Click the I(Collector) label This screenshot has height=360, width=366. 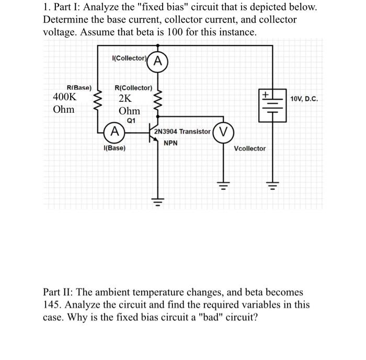(x=128, y=57)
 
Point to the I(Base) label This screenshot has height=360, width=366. (x=115, y=148)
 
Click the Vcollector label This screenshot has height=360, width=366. (x=249, y=148)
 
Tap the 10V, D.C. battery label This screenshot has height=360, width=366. (x=304, y=98)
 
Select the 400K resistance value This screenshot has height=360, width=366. (x=65, y=97)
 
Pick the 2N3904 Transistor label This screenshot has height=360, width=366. (x=182, y=131)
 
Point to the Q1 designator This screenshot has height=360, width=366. (x=131, y=120)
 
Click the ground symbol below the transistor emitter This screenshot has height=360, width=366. (x=155, y=200)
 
